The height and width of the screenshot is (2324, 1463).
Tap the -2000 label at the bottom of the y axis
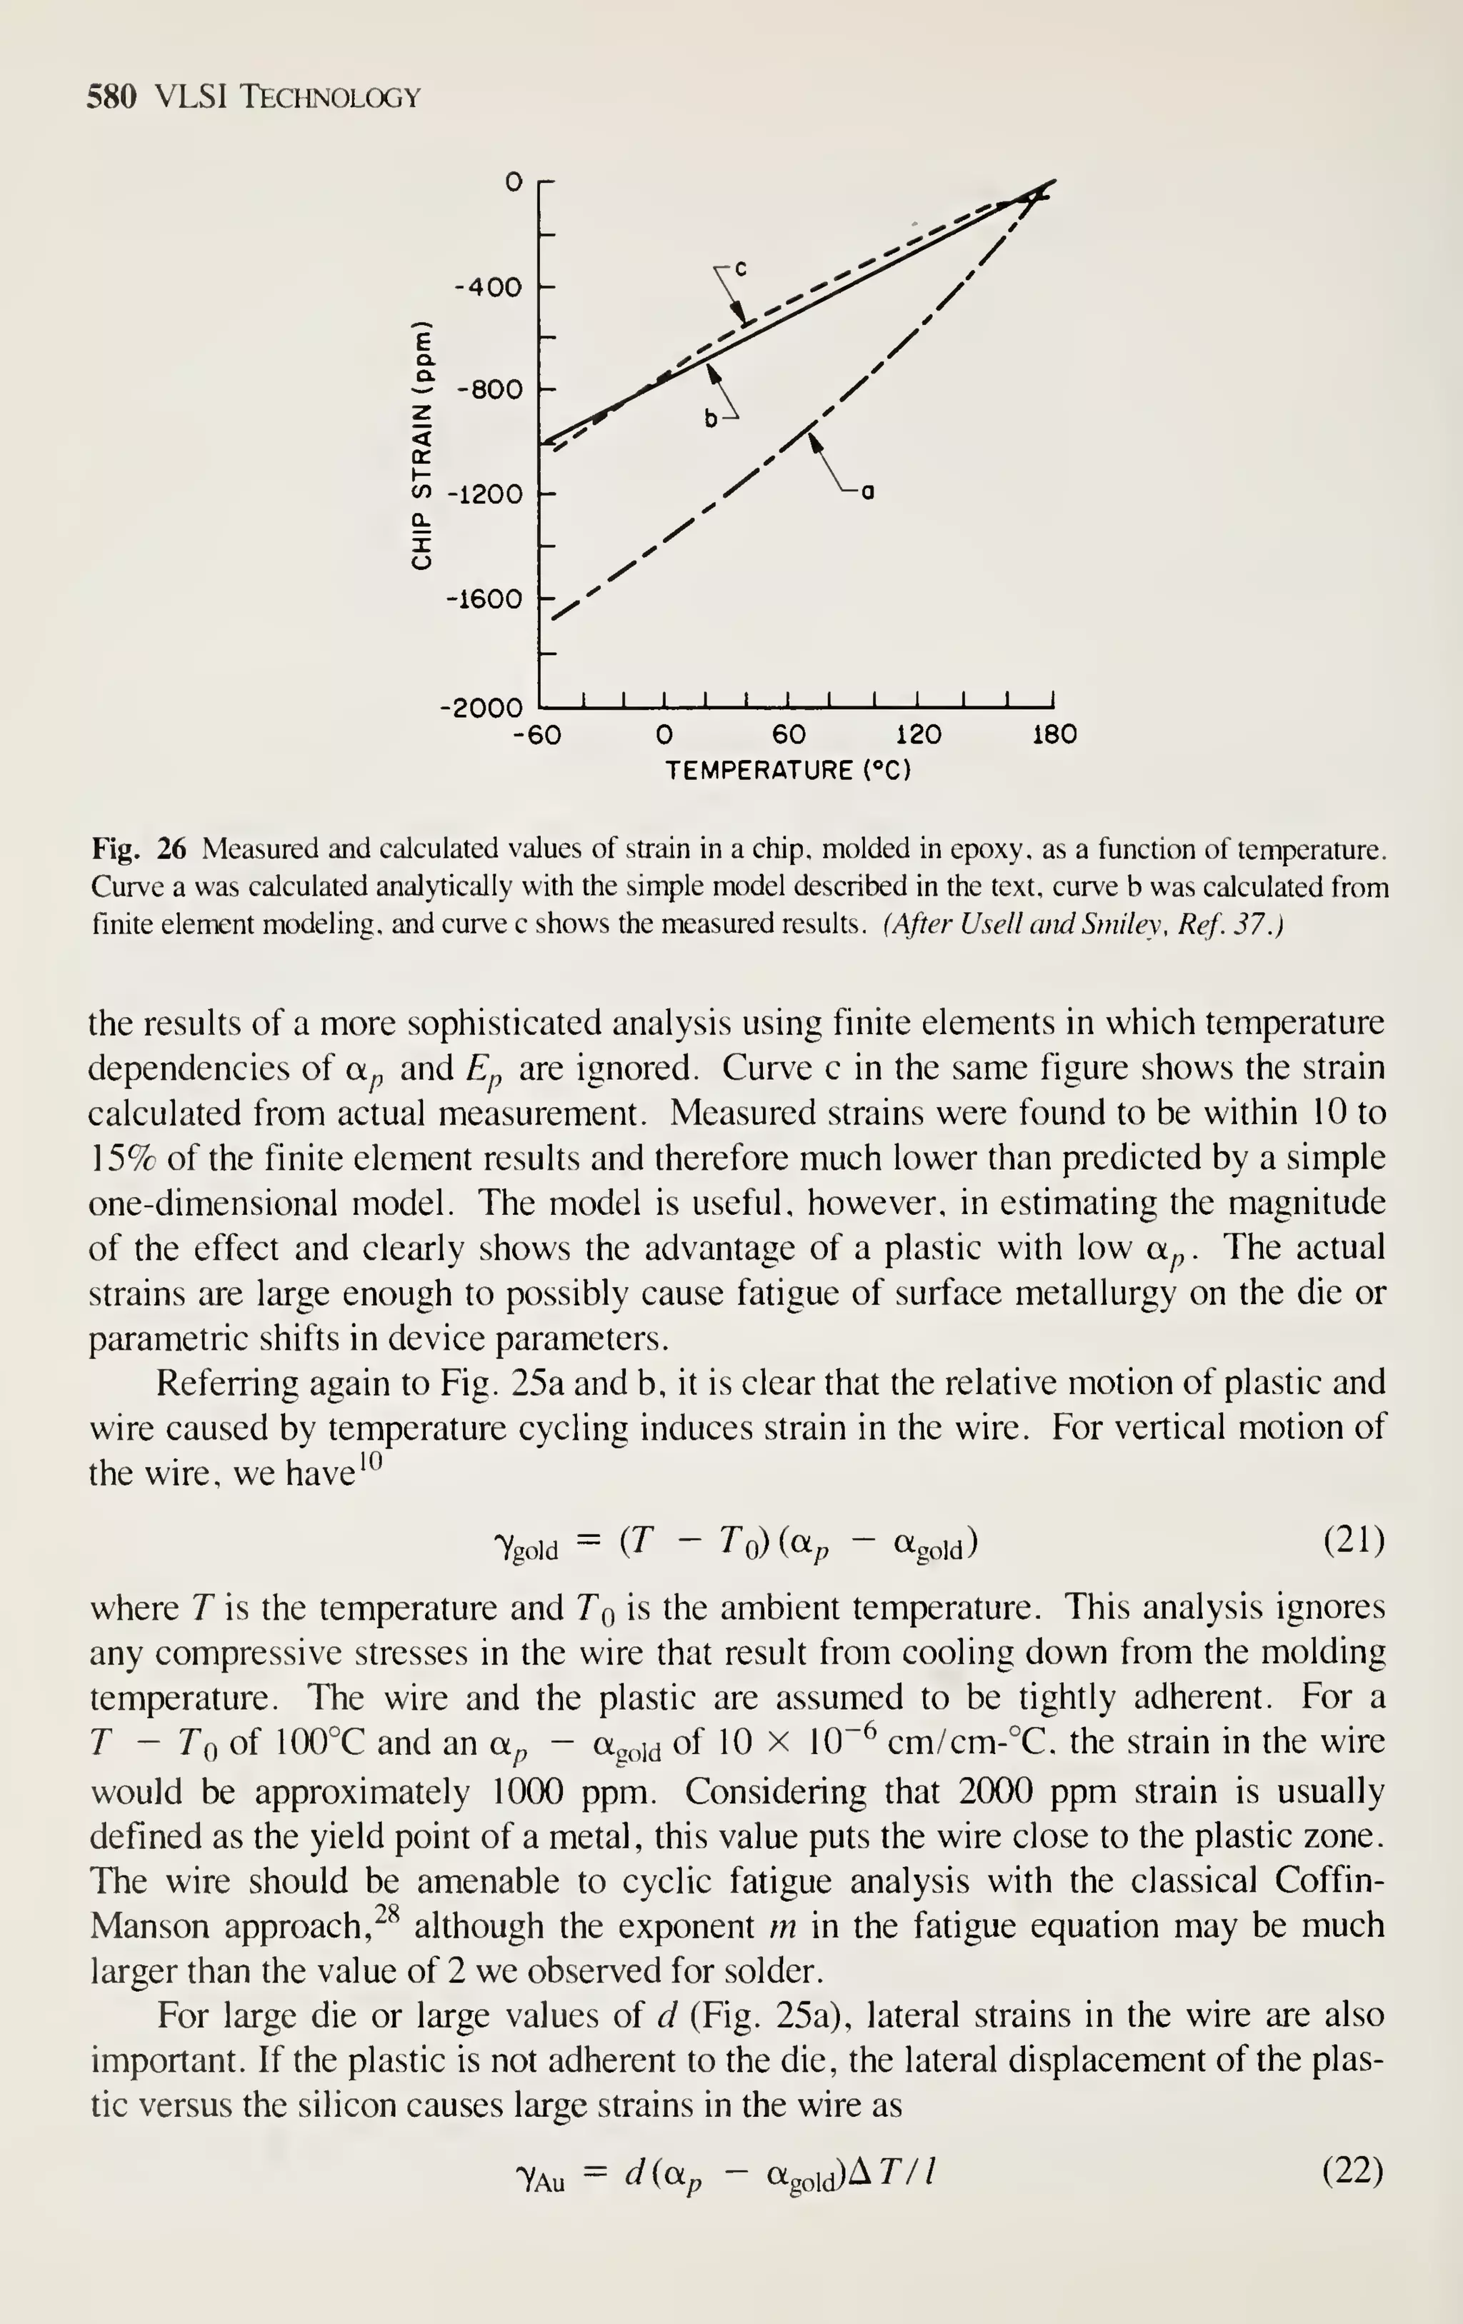tap(479, 708)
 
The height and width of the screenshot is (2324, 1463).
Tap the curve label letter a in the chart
tap(867, 494)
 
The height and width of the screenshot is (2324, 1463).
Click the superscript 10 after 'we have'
tap(371, 1461)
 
